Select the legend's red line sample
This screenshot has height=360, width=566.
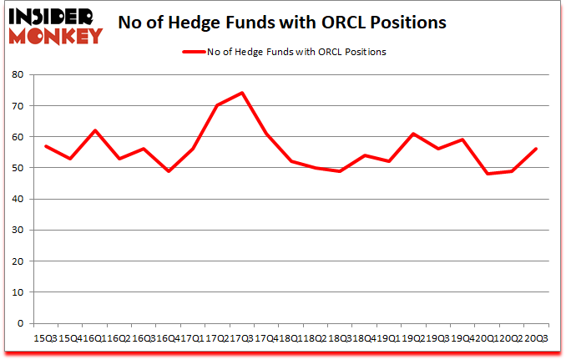194,52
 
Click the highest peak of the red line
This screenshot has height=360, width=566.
242,93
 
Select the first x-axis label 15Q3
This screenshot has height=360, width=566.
46,338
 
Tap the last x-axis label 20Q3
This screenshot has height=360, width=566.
535,338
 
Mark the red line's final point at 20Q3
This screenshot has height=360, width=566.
536,149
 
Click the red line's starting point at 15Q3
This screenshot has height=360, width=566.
46,146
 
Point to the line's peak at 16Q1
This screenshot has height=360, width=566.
95,130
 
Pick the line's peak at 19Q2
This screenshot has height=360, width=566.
413,134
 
